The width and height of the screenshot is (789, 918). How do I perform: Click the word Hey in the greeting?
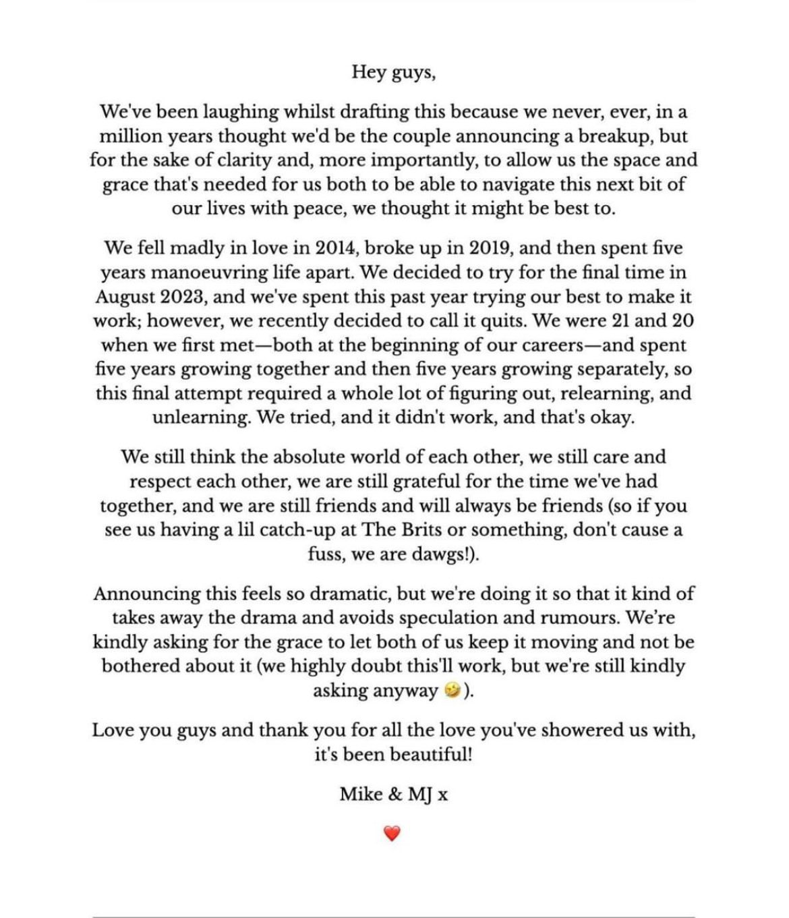tap(368, 72)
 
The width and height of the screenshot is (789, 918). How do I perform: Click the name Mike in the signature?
tap(361, 795)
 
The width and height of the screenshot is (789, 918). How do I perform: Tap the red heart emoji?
tap(392, 834)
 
